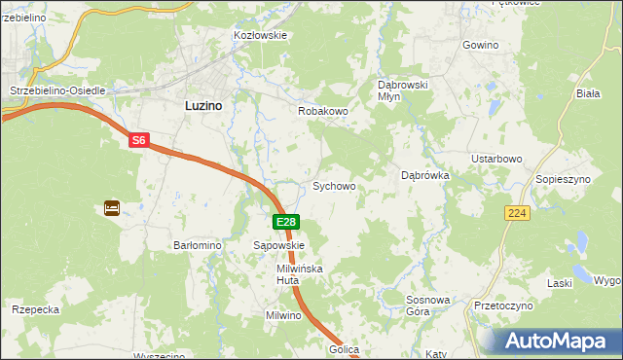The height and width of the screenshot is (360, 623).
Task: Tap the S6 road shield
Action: [x=139, y=141]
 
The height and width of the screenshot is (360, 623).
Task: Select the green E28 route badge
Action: [x=285, y=223]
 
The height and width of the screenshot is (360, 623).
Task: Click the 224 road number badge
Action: [x=518, y=212]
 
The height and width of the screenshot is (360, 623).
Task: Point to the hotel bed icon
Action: [x=111, y=207]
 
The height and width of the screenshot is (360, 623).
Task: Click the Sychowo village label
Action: [x=333, y=186]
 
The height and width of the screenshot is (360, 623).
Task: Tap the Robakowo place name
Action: [x=323, y=111]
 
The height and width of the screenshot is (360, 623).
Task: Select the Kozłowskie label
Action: [x=260, y=35]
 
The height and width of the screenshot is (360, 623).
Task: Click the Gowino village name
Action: [x=481, y=46]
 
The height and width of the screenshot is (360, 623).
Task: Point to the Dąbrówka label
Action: [x=424, y=176]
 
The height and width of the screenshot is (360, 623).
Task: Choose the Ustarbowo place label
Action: [x=498, y=159]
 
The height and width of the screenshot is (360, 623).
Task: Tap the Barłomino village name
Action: [x=198, y=246]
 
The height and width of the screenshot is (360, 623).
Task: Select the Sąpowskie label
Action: [x=279, y=246]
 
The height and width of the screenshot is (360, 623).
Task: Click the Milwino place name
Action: [x=285, y=316]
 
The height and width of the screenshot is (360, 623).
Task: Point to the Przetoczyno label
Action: [x=504, y=306]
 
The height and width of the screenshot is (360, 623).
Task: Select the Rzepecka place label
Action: [x=36, y=309]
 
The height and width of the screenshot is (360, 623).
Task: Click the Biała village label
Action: [x=587, y=94]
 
